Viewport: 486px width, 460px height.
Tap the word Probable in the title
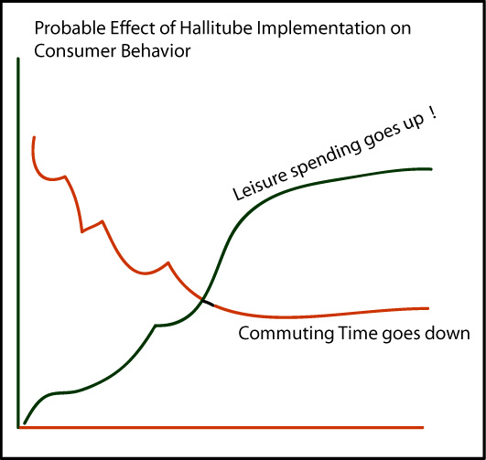(70, 27)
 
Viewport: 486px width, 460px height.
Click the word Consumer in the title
(75, 51)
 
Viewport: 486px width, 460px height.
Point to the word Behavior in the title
(156, 51)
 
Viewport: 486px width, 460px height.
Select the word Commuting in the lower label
(286, 335)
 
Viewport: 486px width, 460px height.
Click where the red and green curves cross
(202, 300)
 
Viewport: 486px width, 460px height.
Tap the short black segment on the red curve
(208, 303)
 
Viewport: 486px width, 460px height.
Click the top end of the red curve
(34, 137)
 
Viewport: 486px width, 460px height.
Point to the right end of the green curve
(431, 169)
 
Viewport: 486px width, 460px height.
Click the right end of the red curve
(428, 308)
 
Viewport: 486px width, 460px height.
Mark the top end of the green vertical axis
(18, 59)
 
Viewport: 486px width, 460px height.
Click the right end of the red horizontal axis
(423, 427)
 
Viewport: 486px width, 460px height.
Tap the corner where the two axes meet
(18, 427)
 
